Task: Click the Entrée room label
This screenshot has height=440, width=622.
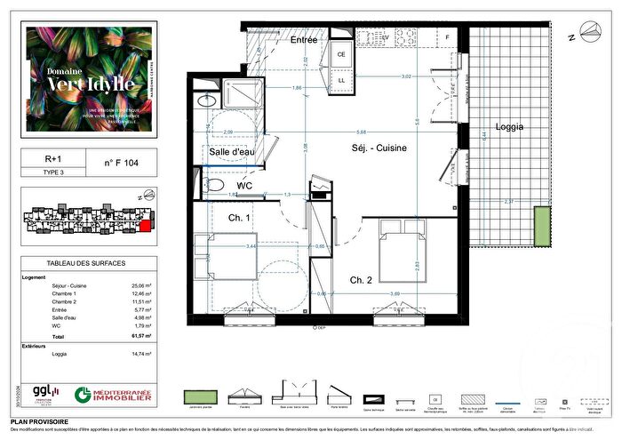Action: [304, 41]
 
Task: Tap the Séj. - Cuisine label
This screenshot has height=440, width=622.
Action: [379, 148]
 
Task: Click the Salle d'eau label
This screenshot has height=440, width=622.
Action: [232, 153]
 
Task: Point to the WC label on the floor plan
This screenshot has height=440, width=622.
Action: [235, 186]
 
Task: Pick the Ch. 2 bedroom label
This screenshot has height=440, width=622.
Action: [361, 280]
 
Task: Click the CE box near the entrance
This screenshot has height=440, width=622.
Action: [340, 54]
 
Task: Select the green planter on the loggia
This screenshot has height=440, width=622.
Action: [542, 228]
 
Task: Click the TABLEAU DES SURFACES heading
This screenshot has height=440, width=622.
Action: [85, 264]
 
